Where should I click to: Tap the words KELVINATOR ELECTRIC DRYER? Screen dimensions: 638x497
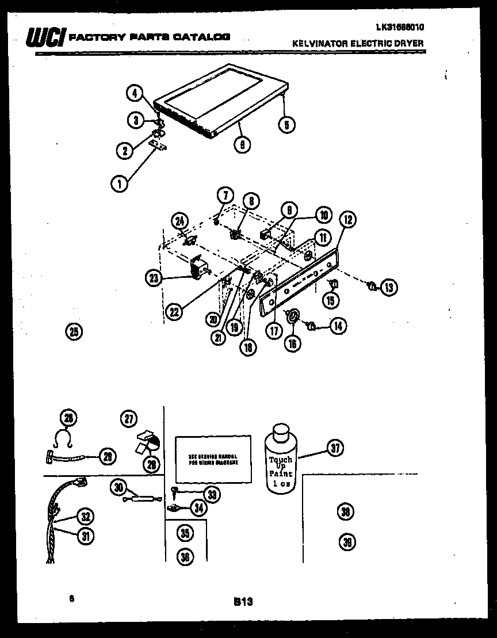point(358,43)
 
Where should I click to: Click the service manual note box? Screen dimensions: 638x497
point(212,458)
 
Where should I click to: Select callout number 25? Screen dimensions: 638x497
point(74,331)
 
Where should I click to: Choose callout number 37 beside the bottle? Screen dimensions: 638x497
point(335,448)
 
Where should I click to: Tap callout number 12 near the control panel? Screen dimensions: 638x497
point(348,219)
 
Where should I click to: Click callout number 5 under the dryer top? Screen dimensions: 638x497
point(286,124)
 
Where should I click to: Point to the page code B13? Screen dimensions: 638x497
point(243,601)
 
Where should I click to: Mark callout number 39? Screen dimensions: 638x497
point(347,542)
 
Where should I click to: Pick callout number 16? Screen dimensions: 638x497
point(293,343)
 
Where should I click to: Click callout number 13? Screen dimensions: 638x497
point(389,286)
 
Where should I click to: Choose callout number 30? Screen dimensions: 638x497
point(119,488)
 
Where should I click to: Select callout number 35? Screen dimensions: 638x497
point(184,533)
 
